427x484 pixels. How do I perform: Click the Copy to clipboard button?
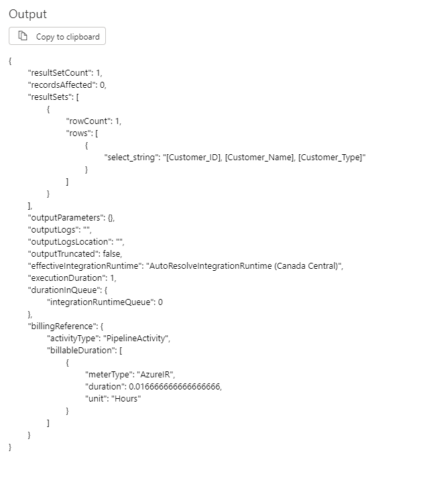[x=57, y=36]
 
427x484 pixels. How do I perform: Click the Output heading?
[x=27, y=14]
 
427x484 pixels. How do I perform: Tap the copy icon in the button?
[x=23, y=36]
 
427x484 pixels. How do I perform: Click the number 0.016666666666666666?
[x=172, y=386]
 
